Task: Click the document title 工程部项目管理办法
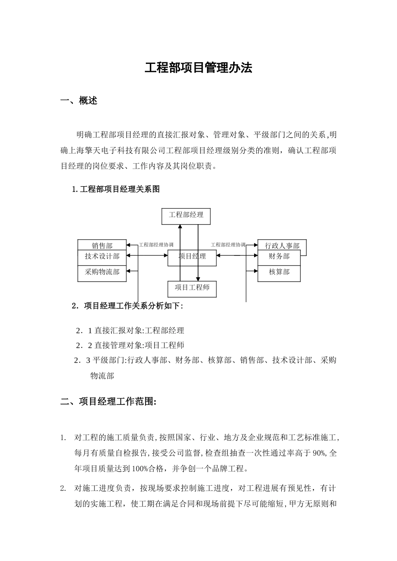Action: [198, 68]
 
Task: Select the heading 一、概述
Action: [79, 101]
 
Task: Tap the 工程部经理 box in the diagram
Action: [186, 215]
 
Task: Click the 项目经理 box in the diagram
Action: [192, 257]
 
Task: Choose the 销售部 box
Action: [102, 245]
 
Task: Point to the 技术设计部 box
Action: [102, 256]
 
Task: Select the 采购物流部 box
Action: [102, 272]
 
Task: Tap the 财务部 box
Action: [279, 256]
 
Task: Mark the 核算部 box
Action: [279, 272]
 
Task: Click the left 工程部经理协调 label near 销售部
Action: [156, 245]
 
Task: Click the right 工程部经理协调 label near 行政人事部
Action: [228, 245]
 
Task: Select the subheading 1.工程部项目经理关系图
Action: [116, 189]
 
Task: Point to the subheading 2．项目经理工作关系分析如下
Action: [127, 306]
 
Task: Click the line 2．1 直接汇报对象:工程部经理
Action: [130, 331]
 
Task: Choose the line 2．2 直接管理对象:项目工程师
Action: [130, 345]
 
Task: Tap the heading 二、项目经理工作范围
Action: [109, 402]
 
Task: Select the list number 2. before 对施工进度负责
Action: [63, 488]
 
